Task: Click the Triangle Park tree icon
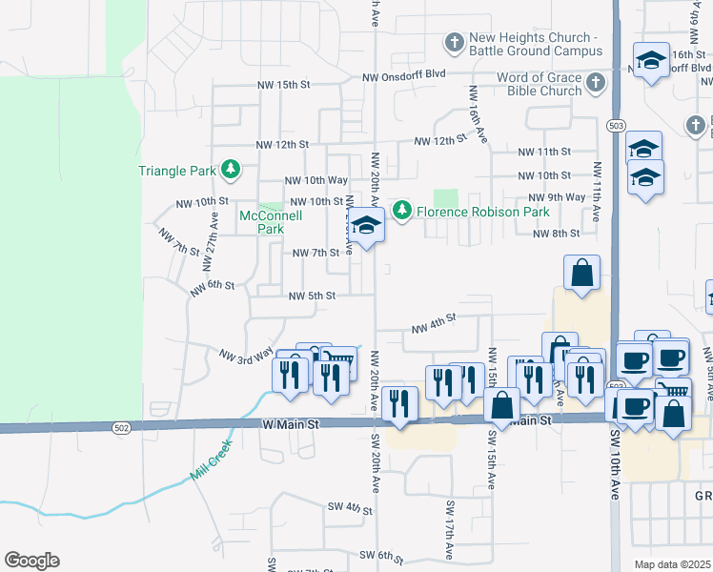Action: click(230, 170)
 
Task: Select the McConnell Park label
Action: click(271, 222)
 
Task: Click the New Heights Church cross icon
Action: click(454, 43)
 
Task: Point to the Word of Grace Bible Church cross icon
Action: click(597, 83)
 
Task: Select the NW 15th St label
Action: click(284, 85)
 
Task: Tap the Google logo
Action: click(31, 561)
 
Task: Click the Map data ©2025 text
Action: click(672, 564)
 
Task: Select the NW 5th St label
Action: click(313, 296)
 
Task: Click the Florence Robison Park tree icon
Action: click(402, 210)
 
